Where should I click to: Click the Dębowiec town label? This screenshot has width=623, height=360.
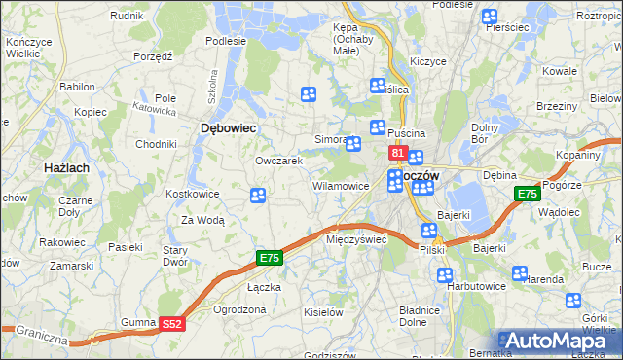(228, 127)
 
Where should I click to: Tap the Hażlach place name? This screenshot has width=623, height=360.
(67, 168)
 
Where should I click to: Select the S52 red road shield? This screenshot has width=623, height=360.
(171, 323)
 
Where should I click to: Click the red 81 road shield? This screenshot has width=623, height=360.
(398, 153)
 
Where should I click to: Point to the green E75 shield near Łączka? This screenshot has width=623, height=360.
(270, 258)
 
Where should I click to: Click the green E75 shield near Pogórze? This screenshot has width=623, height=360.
(527, 195)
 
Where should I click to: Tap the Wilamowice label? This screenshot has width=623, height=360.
(340, 185)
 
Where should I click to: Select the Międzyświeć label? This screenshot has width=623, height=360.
(356, 238)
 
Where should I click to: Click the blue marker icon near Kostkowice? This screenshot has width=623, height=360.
(258, 197)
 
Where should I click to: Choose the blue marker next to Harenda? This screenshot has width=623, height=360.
(520, 274)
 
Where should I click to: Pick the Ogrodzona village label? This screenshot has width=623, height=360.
(239, 309)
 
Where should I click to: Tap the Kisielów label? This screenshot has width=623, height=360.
(323, 312)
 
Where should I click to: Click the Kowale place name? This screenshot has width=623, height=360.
(560, 71)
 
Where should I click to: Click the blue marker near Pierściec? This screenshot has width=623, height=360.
(489, 17)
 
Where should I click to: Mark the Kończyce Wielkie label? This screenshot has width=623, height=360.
(28, 49)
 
